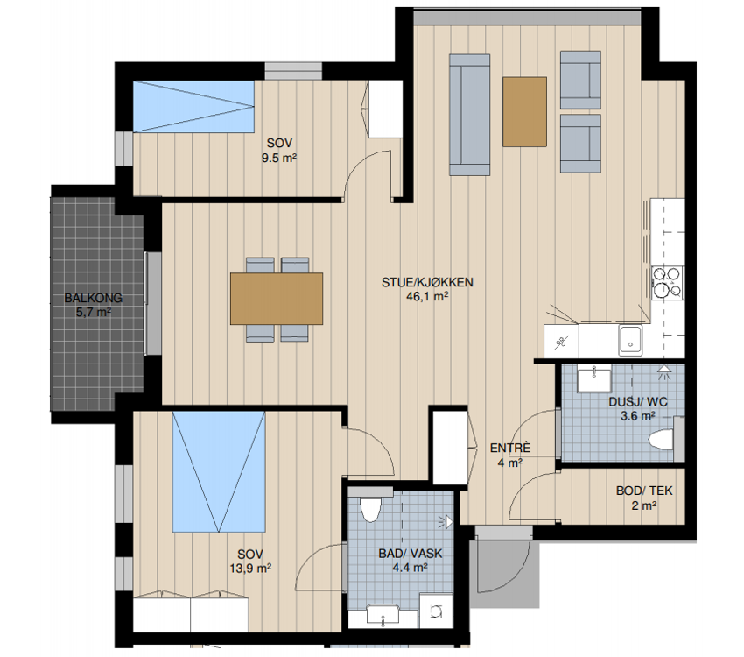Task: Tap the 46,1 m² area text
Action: click(x=427, y=297)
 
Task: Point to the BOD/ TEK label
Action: click(x=644, y=491)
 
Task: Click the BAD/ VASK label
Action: click(x=411, y=554)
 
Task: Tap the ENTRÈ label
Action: click(x=510, y=448)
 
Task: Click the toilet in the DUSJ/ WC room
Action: click(x=662, y=439)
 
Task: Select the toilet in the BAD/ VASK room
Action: click(x=369, y=508)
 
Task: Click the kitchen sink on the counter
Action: click(x=630, y=340)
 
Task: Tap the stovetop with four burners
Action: click(x=667, y=283)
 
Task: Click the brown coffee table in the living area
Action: click(x=524, y=111)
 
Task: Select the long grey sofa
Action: click(x=469, y=115)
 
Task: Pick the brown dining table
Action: click(x=277, y=299)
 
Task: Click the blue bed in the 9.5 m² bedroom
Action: click(x=193, y=106)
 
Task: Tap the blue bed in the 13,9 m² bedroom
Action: click(x=219, y=472)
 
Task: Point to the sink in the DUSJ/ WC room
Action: click(x=593, y=378)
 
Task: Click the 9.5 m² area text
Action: click(x=279, y=158)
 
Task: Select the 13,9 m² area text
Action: click(x=250, y=569)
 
